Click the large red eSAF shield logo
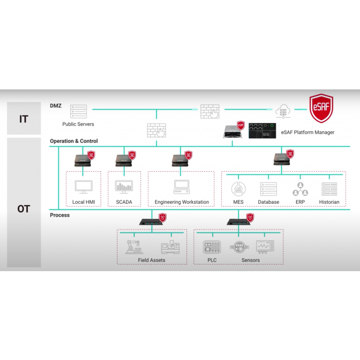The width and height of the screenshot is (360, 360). (x=321, y=109)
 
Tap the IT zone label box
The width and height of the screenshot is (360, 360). (x=24, y=119)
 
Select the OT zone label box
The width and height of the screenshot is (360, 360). (x=24, y=208)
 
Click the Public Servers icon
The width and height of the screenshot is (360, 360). (x=78, y=111)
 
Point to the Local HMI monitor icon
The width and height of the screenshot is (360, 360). (x=83, y=188)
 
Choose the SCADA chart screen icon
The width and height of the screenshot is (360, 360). (x=124, y=187)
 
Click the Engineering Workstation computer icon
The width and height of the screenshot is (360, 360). (x=182, y=187)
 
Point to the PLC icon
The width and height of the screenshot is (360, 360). (x=210, y=247)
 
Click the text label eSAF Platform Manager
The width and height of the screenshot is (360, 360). (x=307, y=132)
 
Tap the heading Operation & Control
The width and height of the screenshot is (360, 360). (x=74, y=141)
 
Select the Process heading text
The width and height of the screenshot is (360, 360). (x=60, y=215)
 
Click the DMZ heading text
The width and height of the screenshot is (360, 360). (x=56, y=105)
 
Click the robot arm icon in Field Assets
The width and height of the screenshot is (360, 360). (x=134, y=246)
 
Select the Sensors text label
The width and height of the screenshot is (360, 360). (x=250, y=260)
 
